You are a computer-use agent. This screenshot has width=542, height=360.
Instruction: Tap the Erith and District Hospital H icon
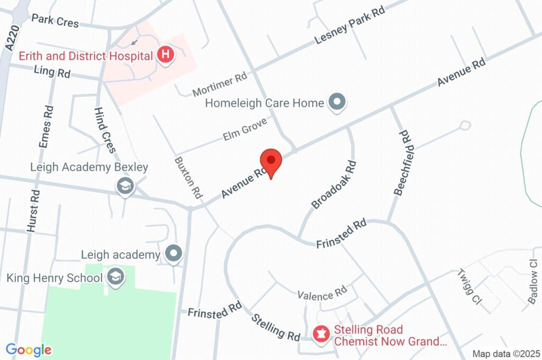coord(166,55)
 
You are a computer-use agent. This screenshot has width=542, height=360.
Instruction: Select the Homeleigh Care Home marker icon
coord(336,102)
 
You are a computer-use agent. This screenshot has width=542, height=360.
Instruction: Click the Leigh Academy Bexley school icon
coord(125,186)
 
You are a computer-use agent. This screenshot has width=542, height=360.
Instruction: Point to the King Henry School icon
coord(114,276)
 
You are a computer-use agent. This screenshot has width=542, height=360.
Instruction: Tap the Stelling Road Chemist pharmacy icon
coord(321,334)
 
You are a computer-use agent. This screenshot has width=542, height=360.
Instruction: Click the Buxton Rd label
coord(189,177)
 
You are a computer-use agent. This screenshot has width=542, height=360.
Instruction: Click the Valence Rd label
coord(322,293)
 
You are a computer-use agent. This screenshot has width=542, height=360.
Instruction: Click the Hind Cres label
coord(105,130)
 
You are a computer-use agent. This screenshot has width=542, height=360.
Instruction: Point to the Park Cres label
coord(55,21)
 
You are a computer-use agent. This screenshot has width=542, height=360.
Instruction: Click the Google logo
coord(29,349)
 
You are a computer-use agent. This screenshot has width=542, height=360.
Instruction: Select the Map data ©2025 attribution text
coord(506,354)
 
